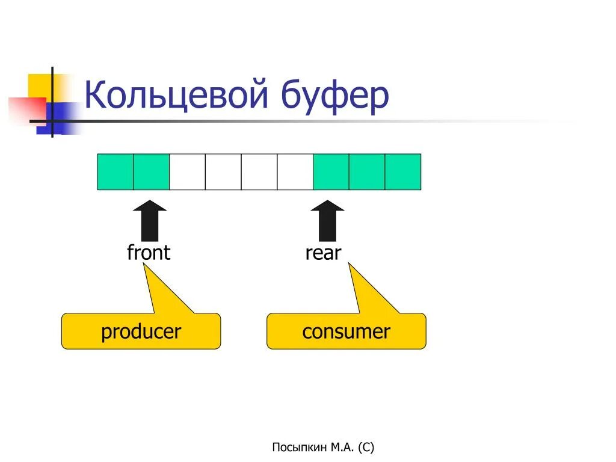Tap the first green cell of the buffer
click(x=115, y=172)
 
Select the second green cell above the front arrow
click(x=151, y=172)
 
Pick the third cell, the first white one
click(x=187, y=172)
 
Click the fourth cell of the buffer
click(x=223, y=172)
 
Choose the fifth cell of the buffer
click(x=259, y=172)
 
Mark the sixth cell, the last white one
click(x=295, y=172)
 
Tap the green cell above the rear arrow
click(x=331, y=172)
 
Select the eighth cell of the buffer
click(x=367, y=172)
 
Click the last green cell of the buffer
click(x=402, y=172)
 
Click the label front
click(x=149, y=253)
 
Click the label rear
click(x=323, y=253)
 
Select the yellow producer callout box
click(x=141, y=331)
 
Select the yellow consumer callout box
click(x=346, y=331)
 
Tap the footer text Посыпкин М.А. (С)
click(x=323, y=447)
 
